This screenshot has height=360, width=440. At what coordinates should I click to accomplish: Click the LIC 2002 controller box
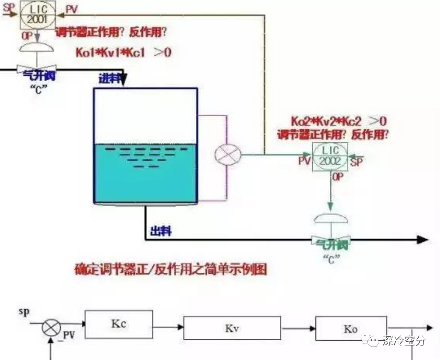point(330,156)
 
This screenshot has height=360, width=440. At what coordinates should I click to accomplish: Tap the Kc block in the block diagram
point(118,324)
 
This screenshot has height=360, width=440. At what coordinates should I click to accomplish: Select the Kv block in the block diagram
point(231,328)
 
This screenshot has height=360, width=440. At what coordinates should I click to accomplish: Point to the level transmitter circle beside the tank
point(228,154)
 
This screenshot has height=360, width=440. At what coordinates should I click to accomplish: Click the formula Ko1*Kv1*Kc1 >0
point(123,52)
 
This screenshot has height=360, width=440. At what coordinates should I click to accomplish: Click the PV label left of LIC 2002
point(304,162)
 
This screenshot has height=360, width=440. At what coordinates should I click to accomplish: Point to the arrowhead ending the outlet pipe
point(423,239)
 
